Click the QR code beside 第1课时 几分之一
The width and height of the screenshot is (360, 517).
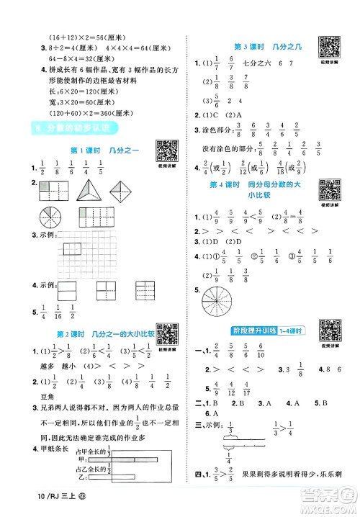[167, 150]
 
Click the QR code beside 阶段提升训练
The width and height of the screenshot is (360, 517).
[330, 331]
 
